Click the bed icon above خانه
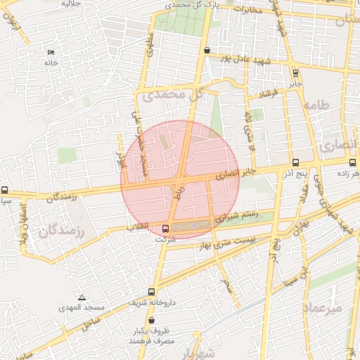[x=50, y=53]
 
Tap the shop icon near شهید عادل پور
[x=206, y=51]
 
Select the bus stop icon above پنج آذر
[x=294, y=162]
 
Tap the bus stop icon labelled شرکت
[x=166, y=228]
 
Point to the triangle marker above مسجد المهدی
[x=82, y=297]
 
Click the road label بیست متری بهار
[x=230, y=240]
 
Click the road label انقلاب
[x=139, y=227]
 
